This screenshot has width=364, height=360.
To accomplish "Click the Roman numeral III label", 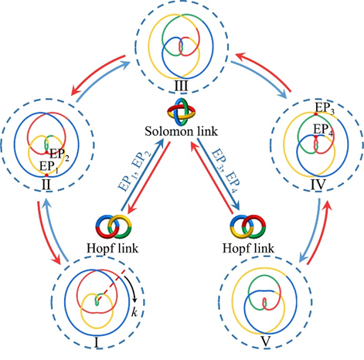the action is [x=181, y=86].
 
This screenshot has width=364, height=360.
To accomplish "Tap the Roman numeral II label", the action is [x=46, y=185].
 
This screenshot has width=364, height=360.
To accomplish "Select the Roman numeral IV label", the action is [x=318, y=185].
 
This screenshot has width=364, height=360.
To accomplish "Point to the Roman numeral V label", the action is [x=266, y=342].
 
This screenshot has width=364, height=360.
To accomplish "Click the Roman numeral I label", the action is [x=97, y=343].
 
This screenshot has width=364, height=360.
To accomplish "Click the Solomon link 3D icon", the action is [x=181, y=112].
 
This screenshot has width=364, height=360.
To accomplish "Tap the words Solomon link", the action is [x=181, y=131].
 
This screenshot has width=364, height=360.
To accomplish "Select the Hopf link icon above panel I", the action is [x=114, y=227].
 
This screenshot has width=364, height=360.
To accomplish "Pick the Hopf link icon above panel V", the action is [x=248, y=227].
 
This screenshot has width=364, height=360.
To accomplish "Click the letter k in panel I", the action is [x=134, y=312].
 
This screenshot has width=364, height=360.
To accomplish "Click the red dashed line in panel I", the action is [x=111, y=285].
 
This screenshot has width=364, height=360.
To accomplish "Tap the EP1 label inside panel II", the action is [x=49, y=166].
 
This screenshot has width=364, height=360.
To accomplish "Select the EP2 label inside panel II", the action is [x=60, y=155].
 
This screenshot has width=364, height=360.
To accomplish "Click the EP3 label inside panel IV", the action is [x=325, y=108].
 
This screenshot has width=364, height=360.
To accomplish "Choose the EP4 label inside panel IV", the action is [x=323, y=130].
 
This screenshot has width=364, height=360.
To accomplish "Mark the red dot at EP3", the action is [x=316, y=114].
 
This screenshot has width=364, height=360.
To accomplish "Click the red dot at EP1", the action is [x=46, y=175].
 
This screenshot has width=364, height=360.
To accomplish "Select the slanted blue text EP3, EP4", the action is [x=226, y=169].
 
